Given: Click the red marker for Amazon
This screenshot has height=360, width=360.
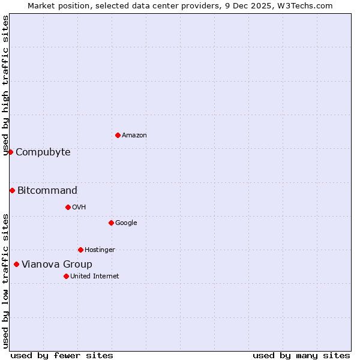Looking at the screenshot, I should coord(118,135).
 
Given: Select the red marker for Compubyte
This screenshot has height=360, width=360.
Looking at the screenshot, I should coord(10,152).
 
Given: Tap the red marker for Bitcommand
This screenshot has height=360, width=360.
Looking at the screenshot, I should coord(12,190).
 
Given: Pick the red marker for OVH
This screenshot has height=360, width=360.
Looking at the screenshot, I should coord(68,207).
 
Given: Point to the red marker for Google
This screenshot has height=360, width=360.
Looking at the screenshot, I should coord(111,223).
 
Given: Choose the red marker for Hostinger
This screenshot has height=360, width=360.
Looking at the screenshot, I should coord(80,250).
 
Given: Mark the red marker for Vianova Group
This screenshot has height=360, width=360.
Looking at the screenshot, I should coord(16,264).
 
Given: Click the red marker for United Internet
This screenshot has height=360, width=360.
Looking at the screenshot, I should coord(66,276).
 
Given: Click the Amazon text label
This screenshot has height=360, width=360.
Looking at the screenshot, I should coord(134,136).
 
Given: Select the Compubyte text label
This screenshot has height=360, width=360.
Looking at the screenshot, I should coord(43,152).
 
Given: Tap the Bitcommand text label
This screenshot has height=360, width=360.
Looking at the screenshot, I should coord(47,191).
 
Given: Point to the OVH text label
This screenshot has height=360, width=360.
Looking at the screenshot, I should coord(79,208).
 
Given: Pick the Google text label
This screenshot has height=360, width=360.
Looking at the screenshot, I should coord(126,223).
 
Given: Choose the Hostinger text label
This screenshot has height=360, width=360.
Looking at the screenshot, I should coord(100,250).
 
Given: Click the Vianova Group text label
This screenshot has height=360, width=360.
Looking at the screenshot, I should coord(57,265).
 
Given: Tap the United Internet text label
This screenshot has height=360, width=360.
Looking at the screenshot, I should coord(95,277).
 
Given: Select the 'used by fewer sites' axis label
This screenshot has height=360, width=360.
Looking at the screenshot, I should coord(62,355).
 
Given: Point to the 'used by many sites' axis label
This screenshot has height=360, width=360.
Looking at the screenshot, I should coord(301,355).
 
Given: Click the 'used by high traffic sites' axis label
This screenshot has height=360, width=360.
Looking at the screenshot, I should coord(6,85).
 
